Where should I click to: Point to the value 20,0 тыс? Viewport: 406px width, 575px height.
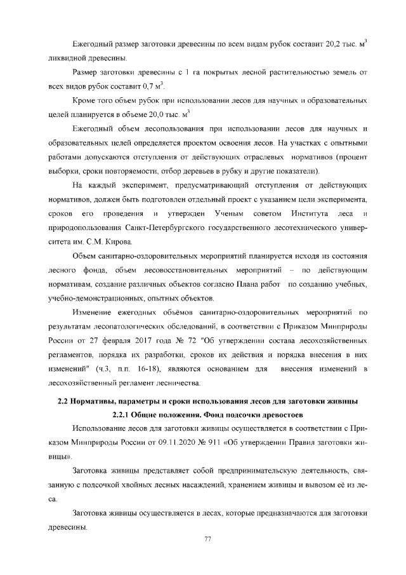pos(151,116)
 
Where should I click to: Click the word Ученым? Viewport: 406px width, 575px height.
pos(214,214)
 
